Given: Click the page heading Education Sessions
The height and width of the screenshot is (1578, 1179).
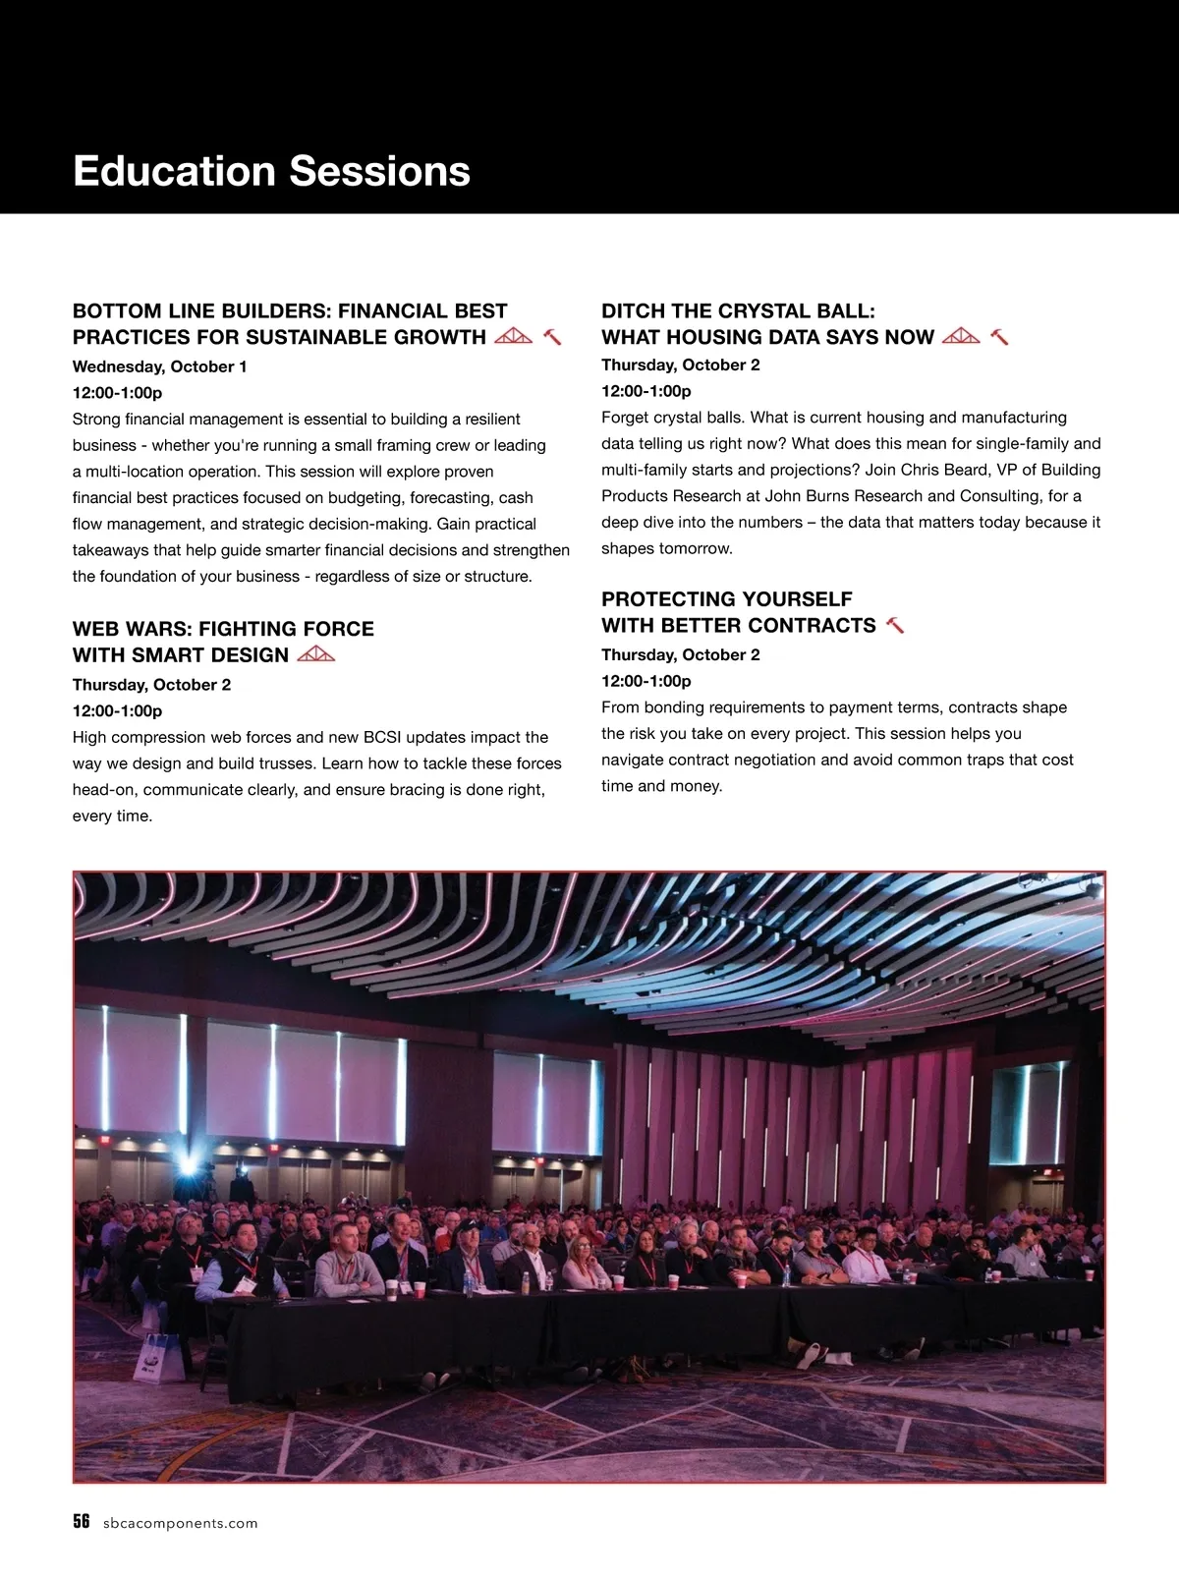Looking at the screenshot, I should pos(271,171).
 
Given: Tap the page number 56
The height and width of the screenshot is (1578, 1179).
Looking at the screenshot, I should pos(82,1522).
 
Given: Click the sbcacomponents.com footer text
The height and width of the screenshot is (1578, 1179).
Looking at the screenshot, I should pos(180,1523).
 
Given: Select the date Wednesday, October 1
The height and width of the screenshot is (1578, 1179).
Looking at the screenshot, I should pos(159,366).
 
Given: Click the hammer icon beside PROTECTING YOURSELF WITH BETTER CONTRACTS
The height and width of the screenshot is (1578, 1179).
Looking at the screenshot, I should pos(894,625).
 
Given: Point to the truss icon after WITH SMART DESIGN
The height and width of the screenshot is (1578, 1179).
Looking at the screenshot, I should pos(315,654).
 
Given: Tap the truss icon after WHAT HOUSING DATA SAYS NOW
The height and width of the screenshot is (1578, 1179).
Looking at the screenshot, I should pos(961,336).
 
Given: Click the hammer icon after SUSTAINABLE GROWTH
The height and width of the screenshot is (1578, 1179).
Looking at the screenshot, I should pos(552,337).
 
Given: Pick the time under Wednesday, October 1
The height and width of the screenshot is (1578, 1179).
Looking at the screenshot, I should pos(117,393).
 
